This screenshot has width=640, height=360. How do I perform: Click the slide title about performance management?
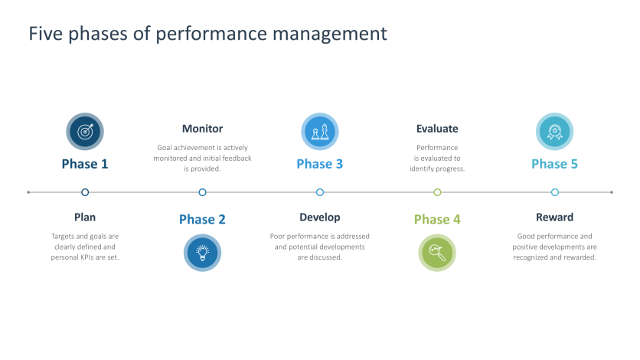point(207,34)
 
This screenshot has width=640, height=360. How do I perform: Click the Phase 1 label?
point(85,164)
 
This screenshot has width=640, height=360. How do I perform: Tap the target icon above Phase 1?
point(85,131)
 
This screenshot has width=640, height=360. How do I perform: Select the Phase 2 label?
point(202,220)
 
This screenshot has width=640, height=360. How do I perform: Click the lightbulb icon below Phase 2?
point(202,253)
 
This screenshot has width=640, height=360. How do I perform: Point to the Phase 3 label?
point(319,164)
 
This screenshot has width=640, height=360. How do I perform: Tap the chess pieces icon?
point(319,131)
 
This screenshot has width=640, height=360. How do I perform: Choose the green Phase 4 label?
point(437,220)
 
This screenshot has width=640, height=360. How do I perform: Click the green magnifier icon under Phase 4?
point(437,253)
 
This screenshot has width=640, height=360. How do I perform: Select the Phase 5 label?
point(554,164)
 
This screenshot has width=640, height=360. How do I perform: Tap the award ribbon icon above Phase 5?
point(554,131)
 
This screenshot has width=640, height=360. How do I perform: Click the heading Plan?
point(85,218)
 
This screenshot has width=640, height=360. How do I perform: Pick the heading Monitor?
point(202,129)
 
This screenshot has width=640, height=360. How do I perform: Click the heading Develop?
point(319,218)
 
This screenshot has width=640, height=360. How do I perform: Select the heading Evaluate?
point(437,129)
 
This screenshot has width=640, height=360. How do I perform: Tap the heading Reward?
point(554,218)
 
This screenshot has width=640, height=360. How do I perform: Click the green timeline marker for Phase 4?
point(437,192)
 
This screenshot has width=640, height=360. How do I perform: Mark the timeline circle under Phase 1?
point(85,192)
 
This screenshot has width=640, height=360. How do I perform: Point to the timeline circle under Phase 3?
point(320,192)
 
